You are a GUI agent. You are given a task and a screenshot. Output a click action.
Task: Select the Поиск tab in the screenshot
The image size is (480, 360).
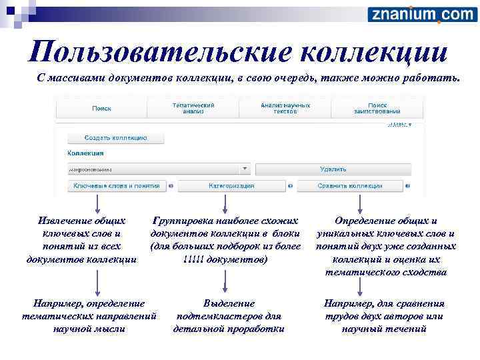pyautogui.click(x=101, y=108)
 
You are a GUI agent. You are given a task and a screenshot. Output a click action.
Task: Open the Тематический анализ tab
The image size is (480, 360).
pyautogui.click(x=193, y=108)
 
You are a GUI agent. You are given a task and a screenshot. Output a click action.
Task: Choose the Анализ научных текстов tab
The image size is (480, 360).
pyautogui.click(x=285, y=108)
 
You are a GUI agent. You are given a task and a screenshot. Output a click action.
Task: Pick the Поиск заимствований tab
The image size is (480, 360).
pyautogui.click(x=377, y=108)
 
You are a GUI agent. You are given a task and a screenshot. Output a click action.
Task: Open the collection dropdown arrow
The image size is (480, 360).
pyautogui.click(x=245, y=169)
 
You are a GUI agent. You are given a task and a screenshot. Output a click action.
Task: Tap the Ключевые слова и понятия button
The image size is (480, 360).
pyautogui.click(x=117, y=186)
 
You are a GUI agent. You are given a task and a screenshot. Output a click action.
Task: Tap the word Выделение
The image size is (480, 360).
pyautogui.click(x=229, y=303)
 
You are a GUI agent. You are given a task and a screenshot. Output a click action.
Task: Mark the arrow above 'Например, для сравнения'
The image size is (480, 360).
pyautogui.click(x=360, y=285)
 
